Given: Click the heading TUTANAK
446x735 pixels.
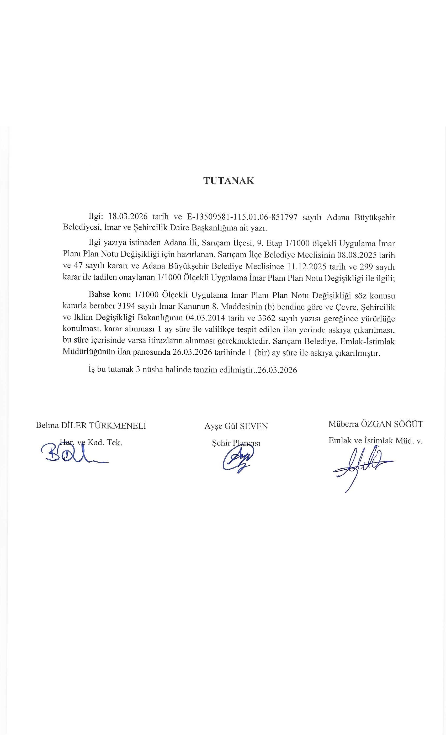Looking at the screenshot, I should tap(229, 181).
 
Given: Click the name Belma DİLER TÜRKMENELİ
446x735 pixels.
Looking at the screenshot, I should tap(91, 425).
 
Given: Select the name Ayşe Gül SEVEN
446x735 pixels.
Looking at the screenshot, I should tap(236, 426).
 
